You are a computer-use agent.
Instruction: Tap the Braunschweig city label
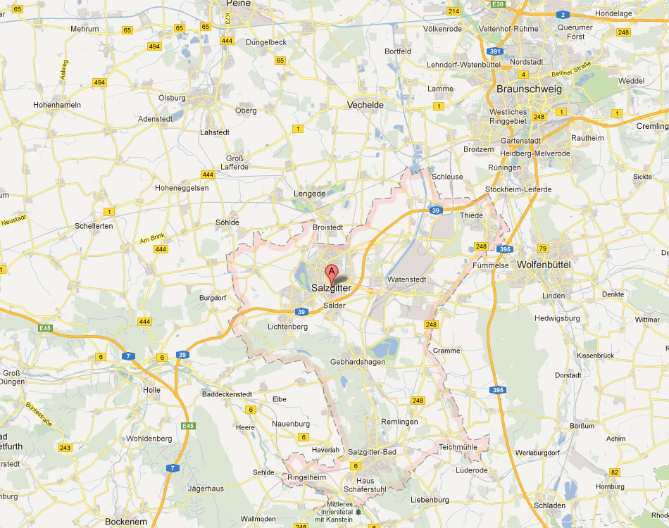coord(529,89)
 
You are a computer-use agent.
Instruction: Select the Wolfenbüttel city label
coord(543,265)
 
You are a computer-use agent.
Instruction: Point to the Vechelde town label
coord(365,105)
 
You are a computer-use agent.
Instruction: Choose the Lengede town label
coord(309,194)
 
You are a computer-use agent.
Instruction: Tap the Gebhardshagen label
coord(358,362)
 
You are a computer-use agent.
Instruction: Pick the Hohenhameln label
coord(57,105)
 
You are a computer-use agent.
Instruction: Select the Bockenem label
coord(125,522)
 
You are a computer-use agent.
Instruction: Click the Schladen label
coord(550,505)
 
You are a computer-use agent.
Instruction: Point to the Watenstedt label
coord(406,279)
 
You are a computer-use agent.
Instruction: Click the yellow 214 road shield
coord(454,11)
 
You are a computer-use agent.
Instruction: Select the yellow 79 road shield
coord(542,249)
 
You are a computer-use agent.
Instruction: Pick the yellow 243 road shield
coord(65,448)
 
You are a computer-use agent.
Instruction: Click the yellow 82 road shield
coord(615,472)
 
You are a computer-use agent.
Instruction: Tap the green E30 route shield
coord(499,4)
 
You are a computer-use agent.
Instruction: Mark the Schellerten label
coord(93,226)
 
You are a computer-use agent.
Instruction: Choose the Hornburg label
coord(610,486)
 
